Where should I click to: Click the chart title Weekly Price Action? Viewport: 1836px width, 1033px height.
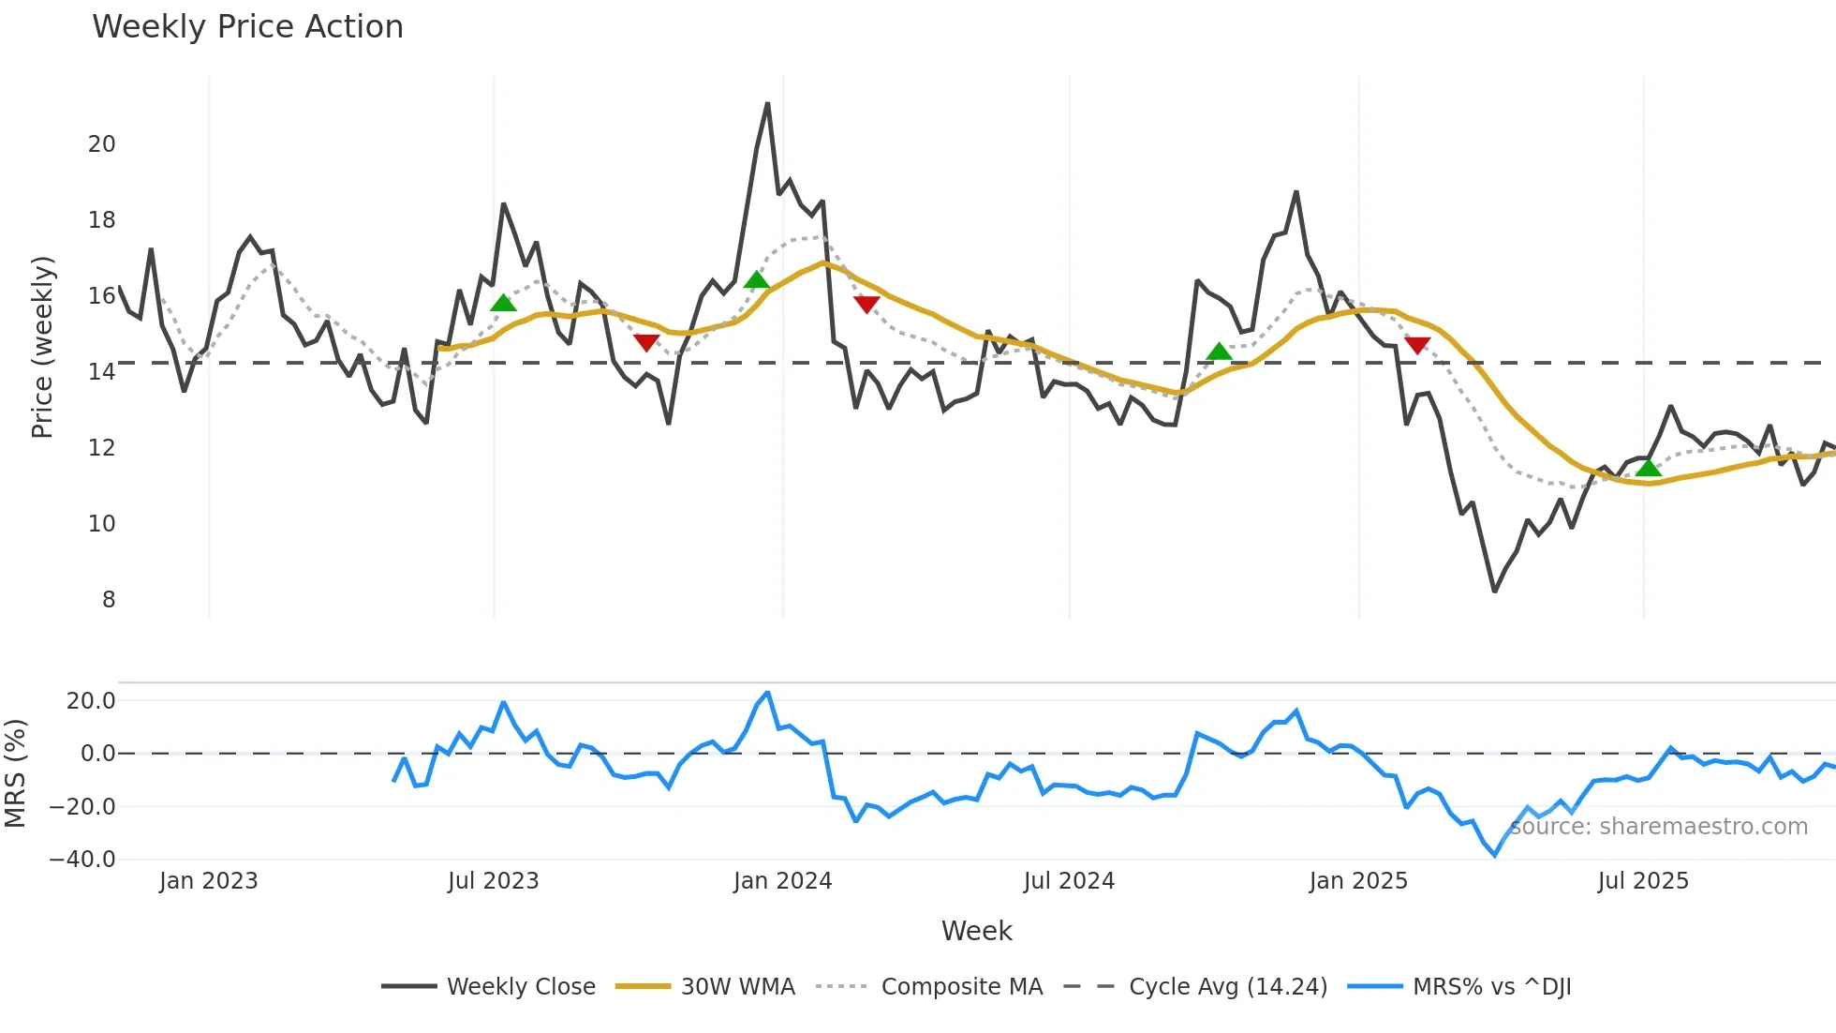[x=247, y=27]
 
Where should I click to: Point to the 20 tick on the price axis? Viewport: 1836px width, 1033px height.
[x=101, y=144]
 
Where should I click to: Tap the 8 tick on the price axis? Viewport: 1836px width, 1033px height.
[x=109, y=600]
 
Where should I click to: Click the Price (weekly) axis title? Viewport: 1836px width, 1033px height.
[x=42, y=347]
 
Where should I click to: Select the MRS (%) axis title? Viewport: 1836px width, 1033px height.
[x=15, y=773]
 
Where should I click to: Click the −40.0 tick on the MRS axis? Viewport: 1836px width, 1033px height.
[x=82, y=860]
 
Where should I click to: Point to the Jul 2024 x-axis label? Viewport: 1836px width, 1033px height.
[x=1069, y=881]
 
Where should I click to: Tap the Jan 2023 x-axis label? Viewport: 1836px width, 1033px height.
[x=208, y=881]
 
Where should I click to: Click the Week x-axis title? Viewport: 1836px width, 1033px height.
[x=976, y=931]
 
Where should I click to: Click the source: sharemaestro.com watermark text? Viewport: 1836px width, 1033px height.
[x=1659, y=827]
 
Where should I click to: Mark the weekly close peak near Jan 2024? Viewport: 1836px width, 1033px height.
[x=768, y=104]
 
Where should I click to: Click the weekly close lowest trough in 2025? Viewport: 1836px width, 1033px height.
[x=1494, y=591]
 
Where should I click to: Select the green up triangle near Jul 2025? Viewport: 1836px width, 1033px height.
[x=1649, y=468]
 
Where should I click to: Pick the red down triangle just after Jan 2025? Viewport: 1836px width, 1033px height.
[x=1417, y=345]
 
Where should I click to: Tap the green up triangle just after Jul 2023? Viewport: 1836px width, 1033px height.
[x=503, y=303]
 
